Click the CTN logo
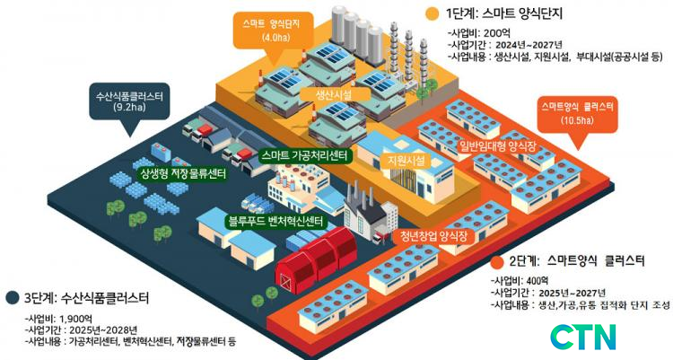pyautogui.click(x=583, y=338)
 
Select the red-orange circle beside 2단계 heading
pyautogui.click(x=497, y=261)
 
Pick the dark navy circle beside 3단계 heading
pyautogui.click(x=13, y=297)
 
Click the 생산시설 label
pyautogui.click(x=334, y=94)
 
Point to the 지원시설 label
pyautogui.click(x=406, y=161)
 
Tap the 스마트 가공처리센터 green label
pyautogui.click(x=305, y=155)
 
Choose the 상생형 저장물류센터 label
pyautogui.click(x=181, y=173)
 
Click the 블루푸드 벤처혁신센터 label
pyautogui.click(x=276, y=222)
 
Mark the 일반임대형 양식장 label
pyautogui.click(x=498, y=146)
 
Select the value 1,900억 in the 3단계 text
pyautogui.click(x=76, y=319)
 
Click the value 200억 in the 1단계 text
pyautogui.click(x=497, y=33)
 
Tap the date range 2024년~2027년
pyautogui.click(x=529, y=45)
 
